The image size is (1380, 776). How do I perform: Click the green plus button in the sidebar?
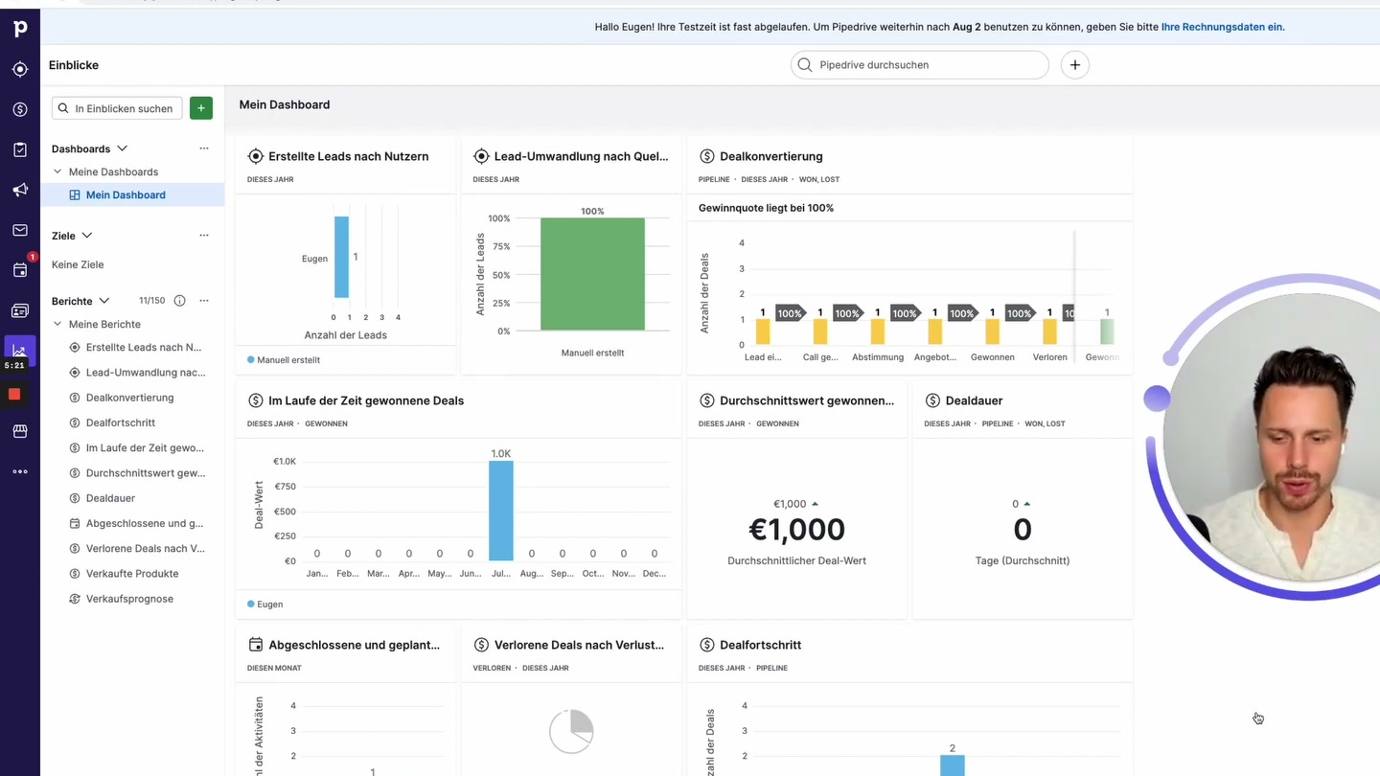tap(201, 108)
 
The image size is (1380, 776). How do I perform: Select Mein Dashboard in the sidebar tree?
tap(126, 194)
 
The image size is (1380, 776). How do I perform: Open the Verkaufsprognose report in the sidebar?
tap(129, 599)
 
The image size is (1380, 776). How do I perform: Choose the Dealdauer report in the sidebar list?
tap(110, 498)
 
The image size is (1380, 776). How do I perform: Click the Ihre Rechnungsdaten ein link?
tap(1222, 27)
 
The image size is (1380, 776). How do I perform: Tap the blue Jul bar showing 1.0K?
tap(501, 511)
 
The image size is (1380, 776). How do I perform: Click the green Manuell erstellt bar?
tap(592, 274)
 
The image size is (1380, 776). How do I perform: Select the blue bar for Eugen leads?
tap(341, 257)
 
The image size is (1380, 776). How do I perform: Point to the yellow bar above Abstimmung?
tap(878, 331)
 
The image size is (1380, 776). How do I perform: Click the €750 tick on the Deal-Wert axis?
tap(285, 487)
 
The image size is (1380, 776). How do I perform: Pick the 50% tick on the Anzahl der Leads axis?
tap(499, 275)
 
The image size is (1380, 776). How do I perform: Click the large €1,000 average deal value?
tap(796, 530)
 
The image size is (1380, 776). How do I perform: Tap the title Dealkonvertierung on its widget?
tap(770, 156)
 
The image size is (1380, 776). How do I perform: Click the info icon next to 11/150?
tap(179, 301)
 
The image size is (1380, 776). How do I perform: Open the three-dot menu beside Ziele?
tap(204, 236)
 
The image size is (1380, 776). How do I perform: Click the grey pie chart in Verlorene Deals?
tap(571, 732)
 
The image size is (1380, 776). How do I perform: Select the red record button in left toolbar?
tap(14, 394)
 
